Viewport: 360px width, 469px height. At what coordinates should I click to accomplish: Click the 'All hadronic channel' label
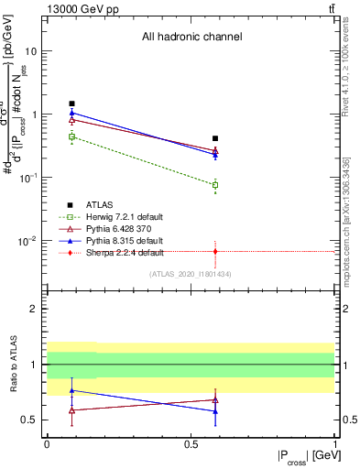[x=191, y=38]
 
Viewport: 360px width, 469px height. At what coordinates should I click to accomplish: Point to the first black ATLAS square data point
[x=71, y=104]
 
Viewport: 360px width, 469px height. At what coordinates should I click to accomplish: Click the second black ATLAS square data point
[x=215, y=138]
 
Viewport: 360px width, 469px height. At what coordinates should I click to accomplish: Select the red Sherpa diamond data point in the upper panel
[x=215, y=251]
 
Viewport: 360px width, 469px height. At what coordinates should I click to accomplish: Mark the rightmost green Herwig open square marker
[x=215, y=185]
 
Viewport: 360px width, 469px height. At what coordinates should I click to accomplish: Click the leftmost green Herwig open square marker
[x=71, y=136]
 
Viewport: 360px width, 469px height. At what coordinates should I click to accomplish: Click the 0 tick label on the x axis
[x=47, y=443]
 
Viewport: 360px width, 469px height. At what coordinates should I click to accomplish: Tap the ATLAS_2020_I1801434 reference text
[x=191, y=275]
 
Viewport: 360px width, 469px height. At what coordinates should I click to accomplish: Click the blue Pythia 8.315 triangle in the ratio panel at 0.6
[x=215, y=411]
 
